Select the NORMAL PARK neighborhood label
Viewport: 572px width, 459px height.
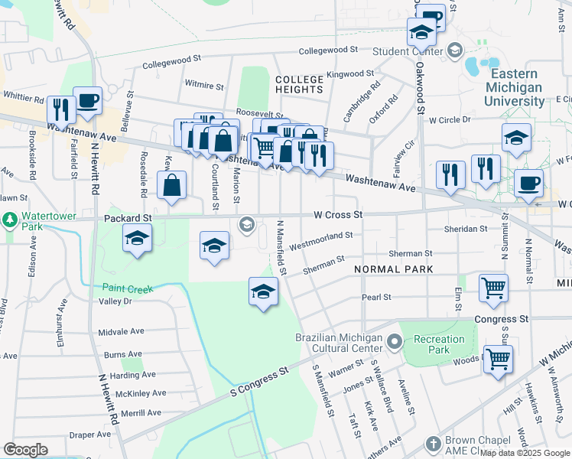[393, 269]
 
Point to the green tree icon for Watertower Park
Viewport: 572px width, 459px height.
[10, 221]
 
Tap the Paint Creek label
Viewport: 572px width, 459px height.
[128, 288]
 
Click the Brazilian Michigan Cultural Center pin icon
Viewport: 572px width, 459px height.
[394, 341]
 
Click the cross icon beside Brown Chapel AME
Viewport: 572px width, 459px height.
[434, 443]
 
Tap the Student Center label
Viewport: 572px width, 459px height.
[408, 51]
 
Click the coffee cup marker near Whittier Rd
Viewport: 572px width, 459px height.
[87, 101]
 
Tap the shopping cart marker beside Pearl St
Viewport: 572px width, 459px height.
[494, 288]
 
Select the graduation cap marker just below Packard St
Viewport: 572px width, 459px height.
[137, 240]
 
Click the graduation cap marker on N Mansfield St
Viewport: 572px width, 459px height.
[263, 291]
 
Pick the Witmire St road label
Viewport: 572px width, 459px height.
[204, 86]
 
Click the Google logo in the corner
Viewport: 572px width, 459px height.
[25, 450]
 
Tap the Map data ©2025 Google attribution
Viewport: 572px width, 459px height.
[525, 453]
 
